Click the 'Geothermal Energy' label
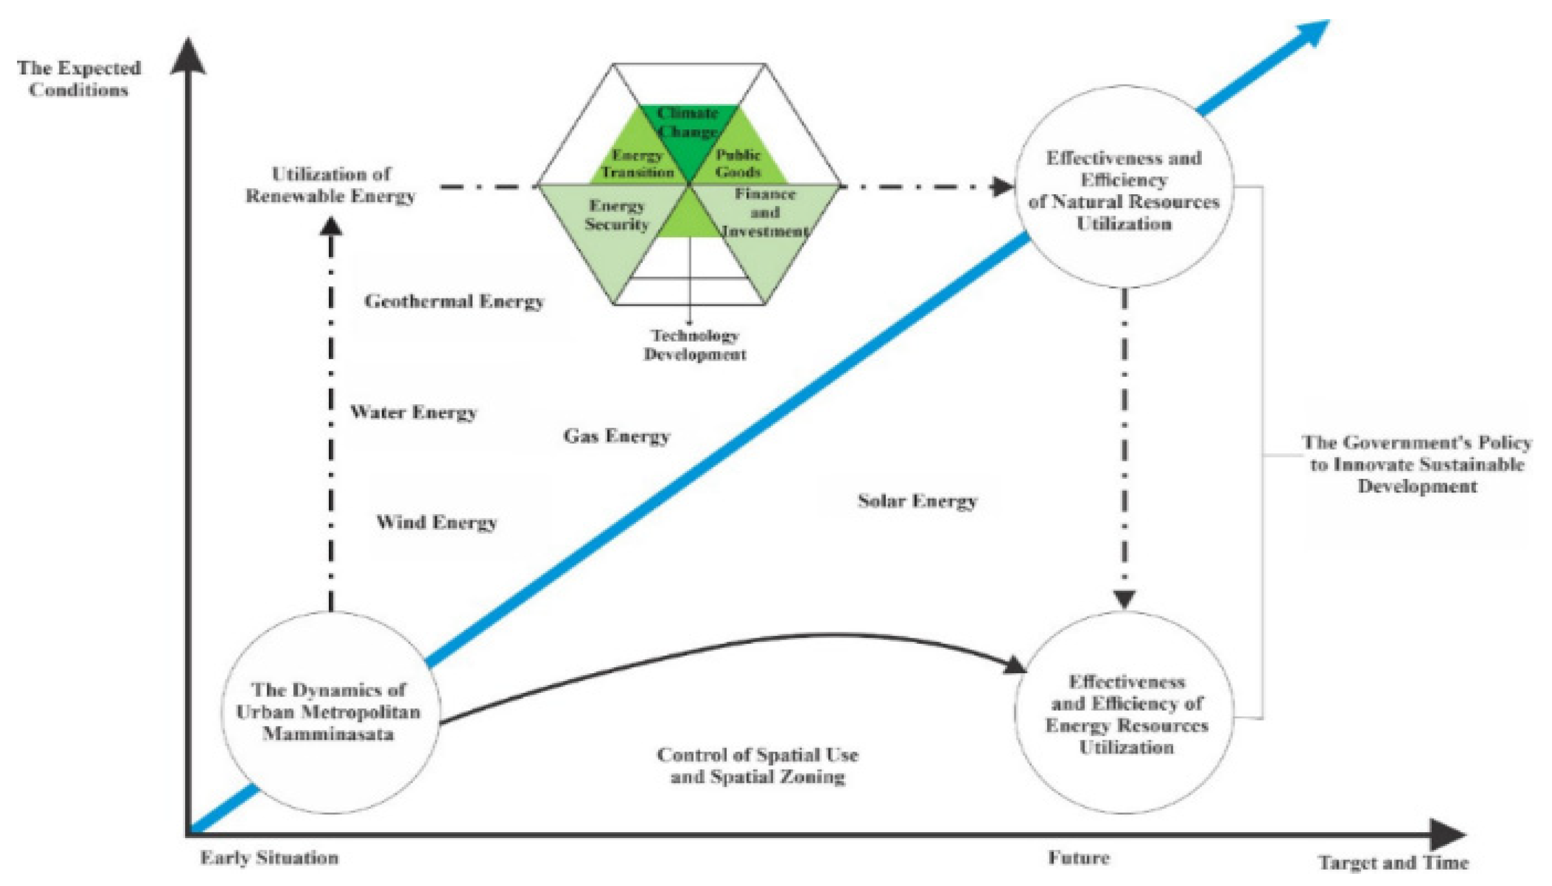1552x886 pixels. (x=454, y=302)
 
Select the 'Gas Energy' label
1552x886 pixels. (x=616, y=436)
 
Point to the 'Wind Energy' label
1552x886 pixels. (x=436, y=522)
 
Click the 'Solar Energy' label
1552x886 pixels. (x=917, y=501)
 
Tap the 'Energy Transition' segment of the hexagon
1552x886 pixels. (x=636, y=163)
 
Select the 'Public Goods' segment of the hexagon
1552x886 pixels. (x=738, y=163)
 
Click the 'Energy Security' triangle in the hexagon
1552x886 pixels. (x=616, y=216)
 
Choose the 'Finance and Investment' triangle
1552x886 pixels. (x=765, y=213)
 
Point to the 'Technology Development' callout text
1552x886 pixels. (x=694, y=345)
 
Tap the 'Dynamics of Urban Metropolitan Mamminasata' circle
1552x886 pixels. (x=329, y=712)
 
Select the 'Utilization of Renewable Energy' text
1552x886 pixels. (x=330, y=185)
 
